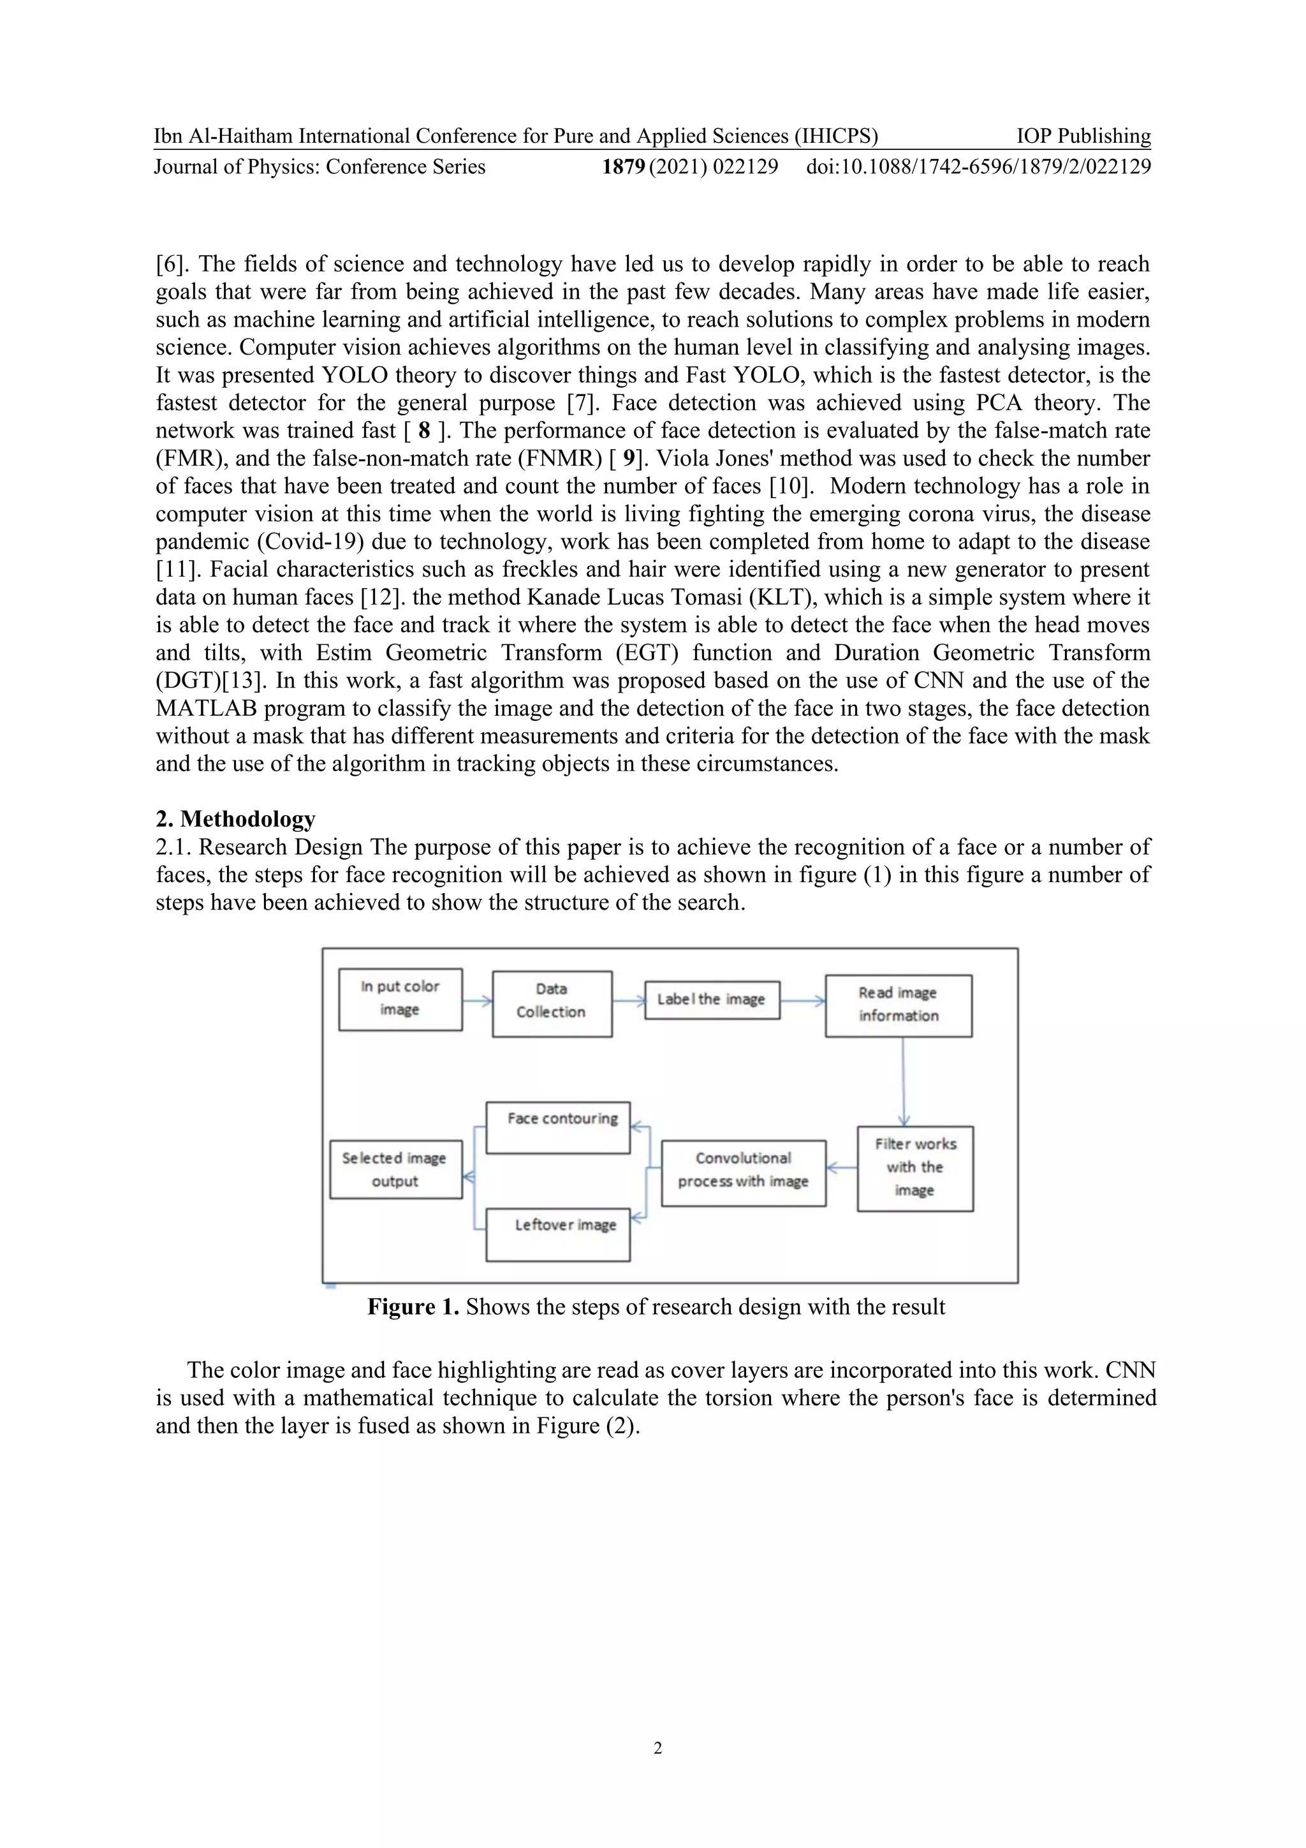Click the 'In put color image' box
click(400, 999)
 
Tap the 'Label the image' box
click(711, 1000)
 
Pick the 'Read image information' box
click(898, 1005)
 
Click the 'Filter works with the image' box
click(915, 1168)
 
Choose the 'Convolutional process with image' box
click(743, 1172)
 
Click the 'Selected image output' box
click(395, 1169)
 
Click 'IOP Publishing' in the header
click(1083, 136)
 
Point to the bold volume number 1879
click(624, 166)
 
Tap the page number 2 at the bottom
click(657, 1747)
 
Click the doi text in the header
click(978, 166)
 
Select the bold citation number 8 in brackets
click(424, 431)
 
